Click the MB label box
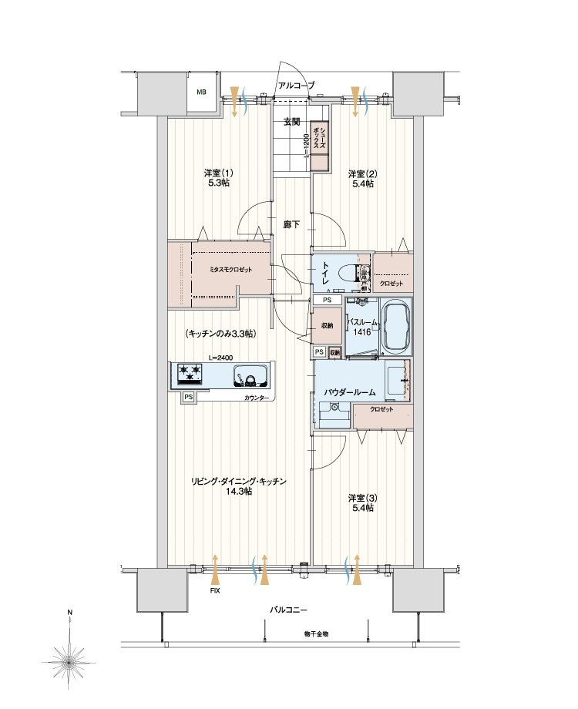(202, 92)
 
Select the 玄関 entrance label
(291, 122)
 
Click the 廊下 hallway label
(291, 224)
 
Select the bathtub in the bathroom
(396, 326)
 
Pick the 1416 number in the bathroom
(363, 332)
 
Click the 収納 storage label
(327, 326)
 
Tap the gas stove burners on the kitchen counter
(190, 375)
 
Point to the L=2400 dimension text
(220, 358)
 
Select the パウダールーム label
(350, 392)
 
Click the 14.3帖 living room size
(239, 492)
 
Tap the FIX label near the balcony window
(215, 591)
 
